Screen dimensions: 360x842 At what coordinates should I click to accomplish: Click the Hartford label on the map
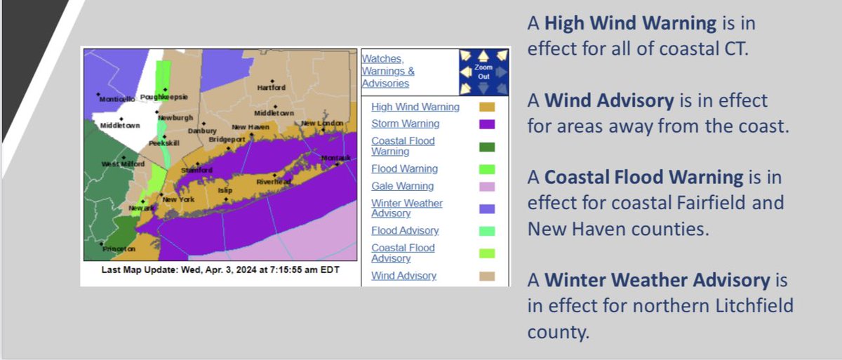(271, 88)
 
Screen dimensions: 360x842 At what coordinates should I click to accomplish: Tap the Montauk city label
(335, 157)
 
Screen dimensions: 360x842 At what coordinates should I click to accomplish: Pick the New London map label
(321, 124)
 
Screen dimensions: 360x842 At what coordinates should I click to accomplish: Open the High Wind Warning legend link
(415, 107)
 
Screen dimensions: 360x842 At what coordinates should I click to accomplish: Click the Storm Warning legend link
(405, 124)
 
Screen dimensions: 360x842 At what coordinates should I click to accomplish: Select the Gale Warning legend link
(402, 186)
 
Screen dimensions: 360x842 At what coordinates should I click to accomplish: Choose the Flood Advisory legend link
(405, 230)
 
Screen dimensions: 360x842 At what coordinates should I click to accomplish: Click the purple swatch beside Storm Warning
(487, 124)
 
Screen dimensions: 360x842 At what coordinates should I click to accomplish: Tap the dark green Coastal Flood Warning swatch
(487, 147)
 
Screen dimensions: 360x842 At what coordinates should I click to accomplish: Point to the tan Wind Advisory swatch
(487, 276)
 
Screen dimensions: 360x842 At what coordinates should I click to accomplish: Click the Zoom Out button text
(484, 72)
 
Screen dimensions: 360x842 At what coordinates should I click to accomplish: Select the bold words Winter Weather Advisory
(657, 281)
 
